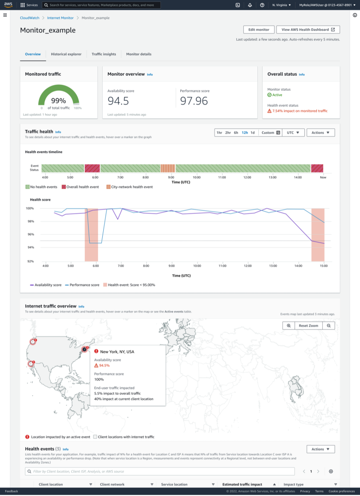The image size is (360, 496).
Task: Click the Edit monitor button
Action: (x=259, y=30)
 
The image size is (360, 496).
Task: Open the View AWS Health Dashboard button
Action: (x=308, y=30)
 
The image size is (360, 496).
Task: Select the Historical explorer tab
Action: (x=66, y=54)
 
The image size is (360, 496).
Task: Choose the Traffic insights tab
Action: (x=104, y=54)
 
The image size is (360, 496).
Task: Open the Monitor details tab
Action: (x=139, y=54)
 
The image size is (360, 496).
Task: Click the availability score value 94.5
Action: (x=118, y=100)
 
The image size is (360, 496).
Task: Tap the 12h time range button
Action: (x=245, y=132)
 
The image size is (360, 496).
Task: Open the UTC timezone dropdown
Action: (x=293, y=132)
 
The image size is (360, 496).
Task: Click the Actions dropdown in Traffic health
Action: (x=320, y=132)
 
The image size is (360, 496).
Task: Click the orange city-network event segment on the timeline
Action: (x=167, y=168)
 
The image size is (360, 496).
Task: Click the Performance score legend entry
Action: (x=82, y=285)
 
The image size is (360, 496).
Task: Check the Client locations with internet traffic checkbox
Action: (x=95, y=437)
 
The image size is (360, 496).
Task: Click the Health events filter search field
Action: (x=160, y=471)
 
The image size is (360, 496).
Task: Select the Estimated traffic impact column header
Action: (x=242, y=484)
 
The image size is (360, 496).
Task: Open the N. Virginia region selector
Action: (x=282, y=5)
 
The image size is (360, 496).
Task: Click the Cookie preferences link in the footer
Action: (x=342, y=491)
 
